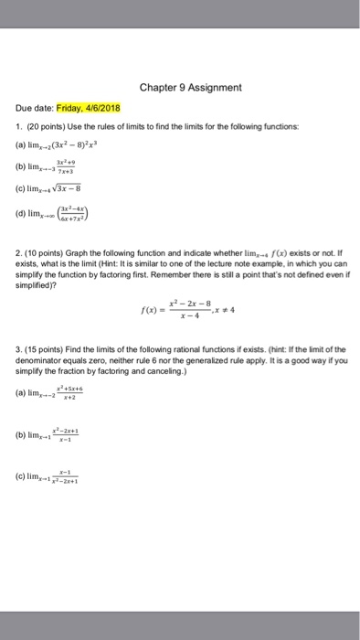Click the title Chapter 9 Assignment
(190, 88)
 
